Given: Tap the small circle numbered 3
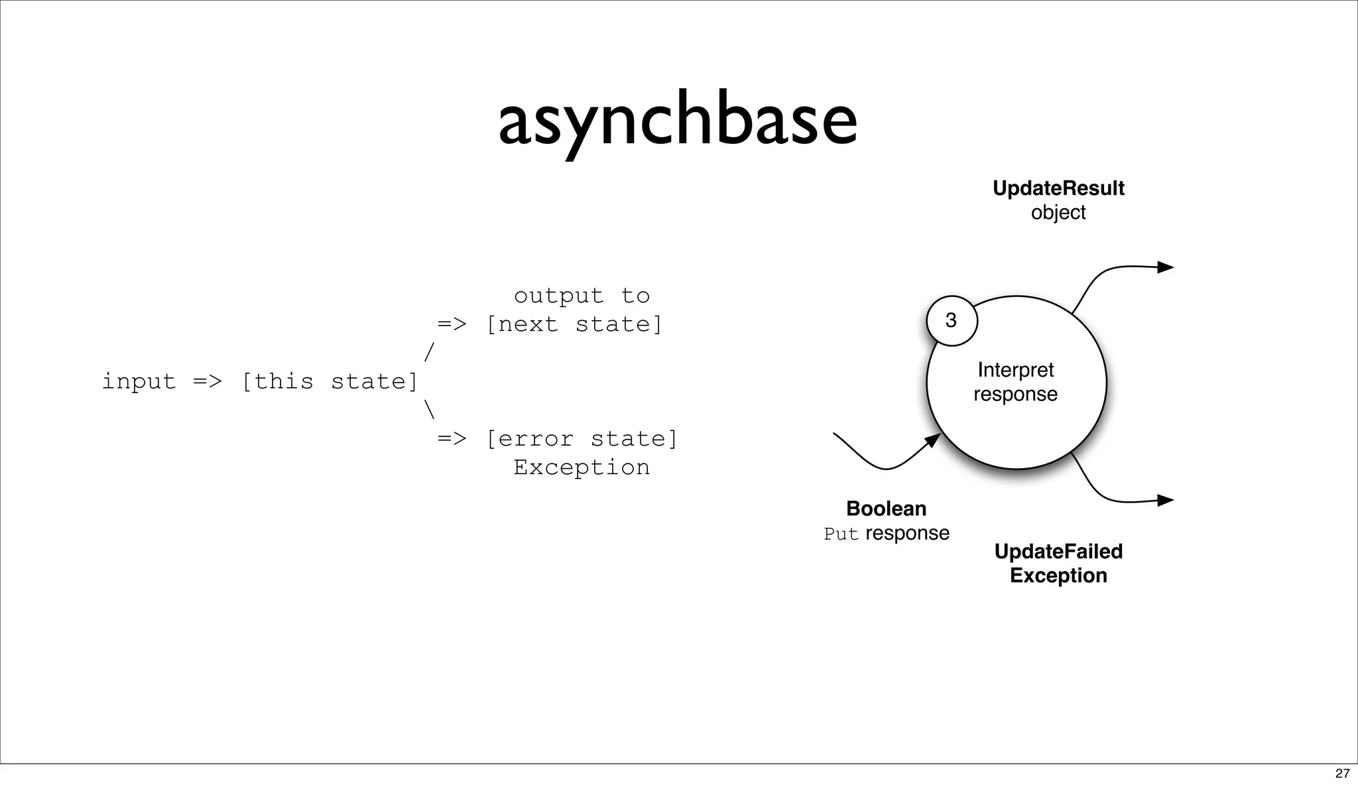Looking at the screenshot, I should coord(952,321).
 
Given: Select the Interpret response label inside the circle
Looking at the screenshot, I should coord(1015,382).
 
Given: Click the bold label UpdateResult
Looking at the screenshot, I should coord(1058,188).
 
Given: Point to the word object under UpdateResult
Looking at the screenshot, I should coord(1058,213).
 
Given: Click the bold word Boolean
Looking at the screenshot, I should coord(886,509).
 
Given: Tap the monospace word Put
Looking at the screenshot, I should coord(841,534).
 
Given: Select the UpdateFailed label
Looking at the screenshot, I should coord(1058,551).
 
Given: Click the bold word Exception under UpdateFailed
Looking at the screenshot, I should coord(1058,575).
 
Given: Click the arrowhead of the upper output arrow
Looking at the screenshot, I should coord(1165,267).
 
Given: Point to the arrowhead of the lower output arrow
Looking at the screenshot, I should coord(1165,501).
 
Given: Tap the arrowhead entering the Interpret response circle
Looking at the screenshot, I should coord(933,440).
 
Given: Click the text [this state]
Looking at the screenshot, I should coord(330,382).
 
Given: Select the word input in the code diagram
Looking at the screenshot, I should coord(139,382).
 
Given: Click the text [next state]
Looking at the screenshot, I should coord(574,325).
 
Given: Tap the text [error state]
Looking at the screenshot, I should coord(582,439).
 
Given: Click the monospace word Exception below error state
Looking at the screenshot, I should coord(582,467).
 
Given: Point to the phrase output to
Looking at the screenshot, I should coord(582,296).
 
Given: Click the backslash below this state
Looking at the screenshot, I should coord(429,410).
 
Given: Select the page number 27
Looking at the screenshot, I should coord(1342,773).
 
